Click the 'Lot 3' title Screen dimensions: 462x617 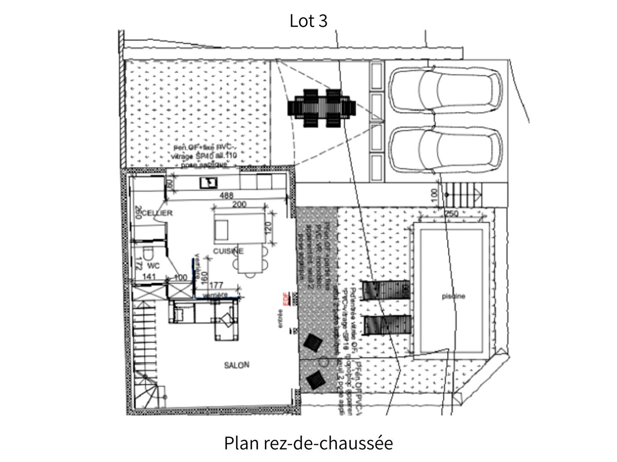point(308,21)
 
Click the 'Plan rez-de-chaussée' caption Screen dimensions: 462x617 point(308,443)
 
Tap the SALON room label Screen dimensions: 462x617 point(236,365)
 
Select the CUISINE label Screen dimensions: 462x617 point(229,251)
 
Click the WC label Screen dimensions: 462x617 point(154,266)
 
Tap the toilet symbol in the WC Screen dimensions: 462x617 point(148,254)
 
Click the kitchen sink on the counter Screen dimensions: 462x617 point(209,183)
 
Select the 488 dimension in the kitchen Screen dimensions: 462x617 point(227,195)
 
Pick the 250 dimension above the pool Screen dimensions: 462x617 point(451,214)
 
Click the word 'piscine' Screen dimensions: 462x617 point(453,296)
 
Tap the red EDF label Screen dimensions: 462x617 point(285,298)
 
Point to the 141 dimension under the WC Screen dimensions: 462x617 point(149,277)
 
